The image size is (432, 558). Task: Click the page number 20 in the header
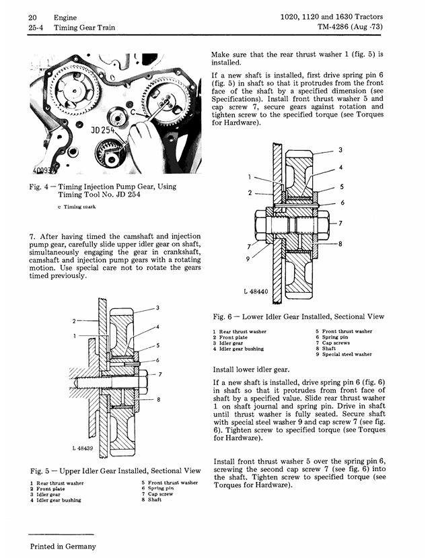[32, 18]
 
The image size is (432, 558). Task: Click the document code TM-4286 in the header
[332, 27]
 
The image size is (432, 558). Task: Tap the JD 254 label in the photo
[103, 131]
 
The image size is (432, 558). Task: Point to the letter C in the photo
[133, 112]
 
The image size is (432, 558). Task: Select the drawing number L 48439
[82, 448]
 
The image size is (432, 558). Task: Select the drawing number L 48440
[256, 291]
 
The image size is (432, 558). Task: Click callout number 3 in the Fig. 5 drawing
[157, 308]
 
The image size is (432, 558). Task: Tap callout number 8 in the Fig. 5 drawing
[159, 400]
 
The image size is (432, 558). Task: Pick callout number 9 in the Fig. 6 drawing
[248, 258]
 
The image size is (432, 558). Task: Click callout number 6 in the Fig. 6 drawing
[343, 203]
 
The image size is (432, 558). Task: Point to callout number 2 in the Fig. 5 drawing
[74, 321]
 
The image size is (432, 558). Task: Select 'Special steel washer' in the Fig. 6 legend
[347, 355]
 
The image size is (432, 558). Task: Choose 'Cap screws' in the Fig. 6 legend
[336, 343]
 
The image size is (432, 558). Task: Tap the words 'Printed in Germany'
[63, 547]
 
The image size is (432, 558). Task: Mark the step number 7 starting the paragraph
[32, 237]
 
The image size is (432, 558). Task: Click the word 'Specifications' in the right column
[233, 99]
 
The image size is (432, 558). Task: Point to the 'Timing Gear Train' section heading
[84, 28]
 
